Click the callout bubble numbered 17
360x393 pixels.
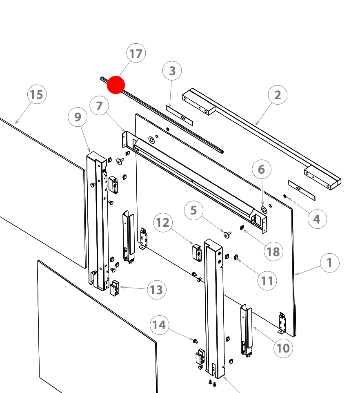pos(136,54)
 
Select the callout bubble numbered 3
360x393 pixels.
pos(172,71)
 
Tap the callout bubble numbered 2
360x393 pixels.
pos(278,95)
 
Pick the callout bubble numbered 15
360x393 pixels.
pos(37,95)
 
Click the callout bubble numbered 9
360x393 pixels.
pos(78,117)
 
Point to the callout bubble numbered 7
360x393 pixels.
pos(100,106)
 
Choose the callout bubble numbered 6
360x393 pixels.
pos(262,169)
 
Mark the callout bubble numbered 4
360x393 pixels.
pos(317,219)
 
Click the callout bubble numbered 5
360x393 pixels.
pos(194,210)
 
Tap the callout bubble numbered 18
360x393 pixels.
pos(273,252)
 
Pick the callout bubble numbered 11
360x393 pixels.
pos(267,280)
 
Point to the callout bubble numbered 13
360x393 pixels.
pos(156,290)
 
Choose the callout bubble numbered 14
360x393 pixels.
pos(160,325)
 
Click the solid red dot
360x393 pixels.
pos(116,85)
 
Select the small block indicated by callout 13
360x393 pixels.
pos(114,288)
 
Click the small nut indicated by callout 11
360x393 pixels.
pos(236,257)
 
